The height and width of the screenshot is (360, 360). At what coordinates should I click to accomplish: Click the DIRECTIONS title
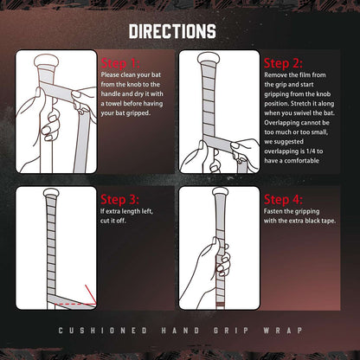point(172,31)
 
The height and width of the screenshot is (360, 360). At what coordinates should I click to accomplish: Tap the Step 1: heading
point(120,63)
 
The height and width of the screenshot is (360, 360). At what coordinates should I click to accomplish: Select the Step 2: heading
point(283,63)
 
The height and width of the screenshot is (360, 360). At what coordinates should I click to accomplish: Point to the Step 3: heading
point(119,199)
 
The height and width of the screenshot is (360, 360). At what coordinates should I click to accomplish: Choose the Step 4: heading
point(283,199)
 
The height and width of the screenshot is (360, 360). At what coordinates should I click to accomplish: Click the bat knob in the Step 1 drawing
point(46,60)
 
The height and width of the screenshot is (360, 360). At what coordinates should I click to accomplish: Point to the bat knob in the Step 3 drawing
point(50,193)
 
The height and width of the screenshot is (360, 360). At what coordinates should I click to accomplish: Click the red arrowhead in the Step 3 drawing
point(93,302)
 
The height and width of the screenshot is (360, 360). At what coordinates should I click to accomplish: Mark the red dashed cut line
point(75,304)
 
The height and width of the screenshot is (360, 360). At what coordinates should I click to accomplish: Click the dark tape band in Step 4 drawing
point(221,305)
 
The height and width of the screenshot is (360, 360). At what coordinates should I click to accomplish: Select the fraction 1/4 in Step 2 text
point(311,151)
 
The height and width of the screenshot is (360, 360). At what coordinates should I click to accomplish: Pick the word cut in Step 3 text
point(104,221)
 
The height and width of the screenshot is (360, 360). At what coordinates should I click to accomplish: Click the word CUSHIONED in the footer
point(103,331)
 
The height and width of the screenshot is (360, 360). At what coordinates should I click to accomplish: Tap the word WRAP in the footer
point(283,331)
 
